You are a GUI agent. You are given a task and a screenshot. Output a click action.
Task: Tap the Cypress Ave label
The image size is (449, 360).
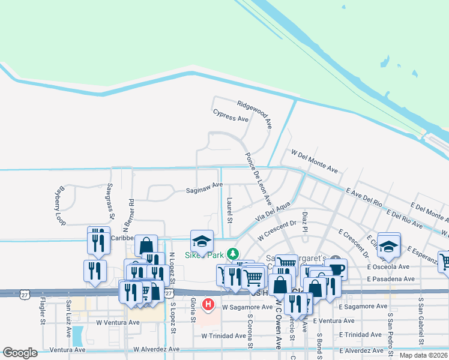click(231, 115)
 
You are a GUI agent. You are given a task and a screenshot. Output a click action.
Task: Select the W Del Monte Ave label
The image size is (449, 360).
click(315, 162)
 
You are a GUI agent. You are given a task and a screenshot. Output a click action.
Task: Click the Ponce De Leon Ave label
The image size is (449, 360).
click(259, 178)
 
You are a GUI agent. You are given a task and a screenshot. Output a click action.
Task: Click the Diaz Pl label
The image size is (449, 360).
click(305, 222)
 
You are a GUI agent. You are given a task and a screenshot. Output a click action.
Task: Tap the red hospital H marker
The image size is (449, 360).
click(208, 305)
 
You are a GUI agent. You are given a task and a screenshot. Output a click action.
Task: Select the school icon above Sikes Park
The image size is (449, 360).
click(202, 241)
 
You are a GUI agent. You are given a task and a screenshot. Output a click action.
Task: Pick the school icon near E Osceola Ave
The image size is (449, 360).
click(389, 244)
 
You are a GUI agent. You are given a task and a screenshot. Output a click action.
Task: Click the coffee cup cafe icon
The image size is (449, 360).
click(337, 268)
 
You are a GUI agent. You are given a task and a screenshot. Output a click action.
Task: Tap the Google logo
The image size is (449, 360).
click(20, 353)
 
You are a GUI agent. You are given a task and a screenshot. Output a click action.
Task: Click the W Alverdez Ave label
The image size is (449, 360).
click(156, 349)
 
